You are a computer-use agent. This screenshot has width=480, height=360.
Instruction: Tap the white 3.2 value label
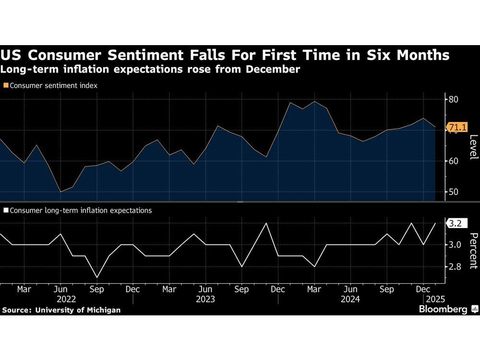455,223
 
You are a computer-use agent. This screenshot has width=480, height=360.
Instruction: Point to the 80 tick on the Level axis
454,99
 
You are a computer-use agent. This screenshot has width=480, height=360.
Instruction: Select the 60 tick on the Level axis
454,161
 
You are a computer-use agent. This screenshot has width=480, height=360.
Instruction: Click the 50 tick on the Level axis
454,192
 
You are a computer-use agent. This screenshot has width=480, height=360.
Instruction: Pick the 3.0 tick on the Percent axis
455,245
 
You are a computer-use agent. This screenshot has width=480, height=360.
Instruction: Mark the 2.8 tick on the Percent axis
455,267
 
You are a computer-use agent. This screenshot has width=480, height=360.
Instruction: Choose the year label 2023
205,299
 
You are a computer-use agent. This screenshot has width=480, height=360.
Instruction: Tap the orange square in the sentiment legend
6,85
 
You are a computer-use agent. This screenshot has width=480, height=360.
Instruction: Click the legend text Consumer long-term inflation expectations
80,210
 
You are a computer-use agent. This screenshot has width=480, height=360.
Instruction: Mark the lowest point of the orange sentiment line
60,192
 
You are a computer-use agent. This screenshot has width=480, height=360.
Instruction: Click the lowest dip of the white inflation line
97,277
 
